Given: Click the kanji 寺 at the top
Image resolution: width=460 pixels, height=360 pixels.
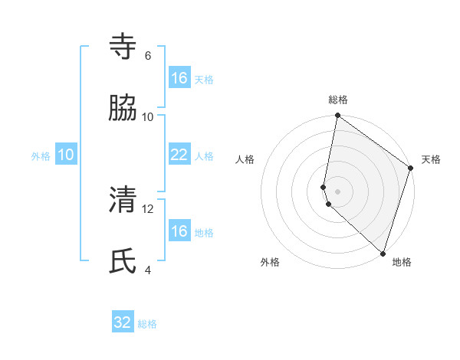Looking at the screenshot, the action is click(x=123, y=47).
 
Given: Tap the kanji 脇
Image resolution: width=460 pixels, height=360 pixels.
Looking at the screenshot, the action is click(x=123, y=108).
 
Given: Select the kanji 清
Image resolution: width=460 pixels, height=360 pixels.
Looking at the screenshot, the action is click(x=123, y=200).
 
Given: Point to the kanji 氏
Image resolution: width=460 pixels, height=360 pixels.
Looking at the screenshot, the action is click(x=123, y=261).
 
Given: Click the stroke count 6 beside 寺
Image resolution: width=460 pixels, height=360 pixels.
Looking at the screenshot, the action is click(x=148, y=56).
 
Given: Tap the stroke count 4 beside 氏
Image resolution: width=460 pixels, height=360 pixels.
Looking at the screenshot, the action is click(x=148, y=270).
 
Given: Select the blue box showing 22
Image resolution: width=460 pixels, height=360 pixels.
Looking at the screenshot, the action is click(x=179, y=155).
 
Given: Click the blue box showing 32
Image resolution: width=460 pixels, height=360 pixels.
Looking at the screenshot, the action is click(x=123, y=322).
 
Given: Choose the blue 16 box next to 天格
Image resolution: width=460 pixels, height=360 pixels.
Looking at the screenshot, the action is click(x=179, y=78).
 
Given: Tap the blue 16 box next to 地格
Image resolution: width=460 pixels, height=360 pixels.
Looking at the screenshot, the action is click(x=179, y=231).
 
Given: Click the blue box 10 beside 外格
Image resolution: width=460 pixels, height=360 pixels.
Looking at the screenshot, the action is click(x=66, y=155).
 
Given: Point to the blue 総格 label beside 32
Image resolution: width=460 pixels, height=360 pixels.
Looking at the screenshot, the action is click(x=147, y=324).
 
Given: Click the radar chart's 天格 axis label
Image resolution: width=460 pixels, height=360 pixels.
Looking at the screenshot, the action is click(x=431, y=159).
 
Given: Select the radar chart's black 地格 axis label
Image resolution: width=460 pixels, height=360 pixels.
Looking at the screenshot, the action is click(x=402, y=262).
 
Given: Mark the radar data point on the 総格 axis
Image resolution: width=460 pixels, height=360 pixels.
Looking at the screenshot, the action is click(x=337, y=116).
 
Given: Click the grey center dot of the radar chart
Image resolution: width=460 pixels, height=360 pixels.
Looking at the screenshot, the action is click(x=337, y=189).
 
